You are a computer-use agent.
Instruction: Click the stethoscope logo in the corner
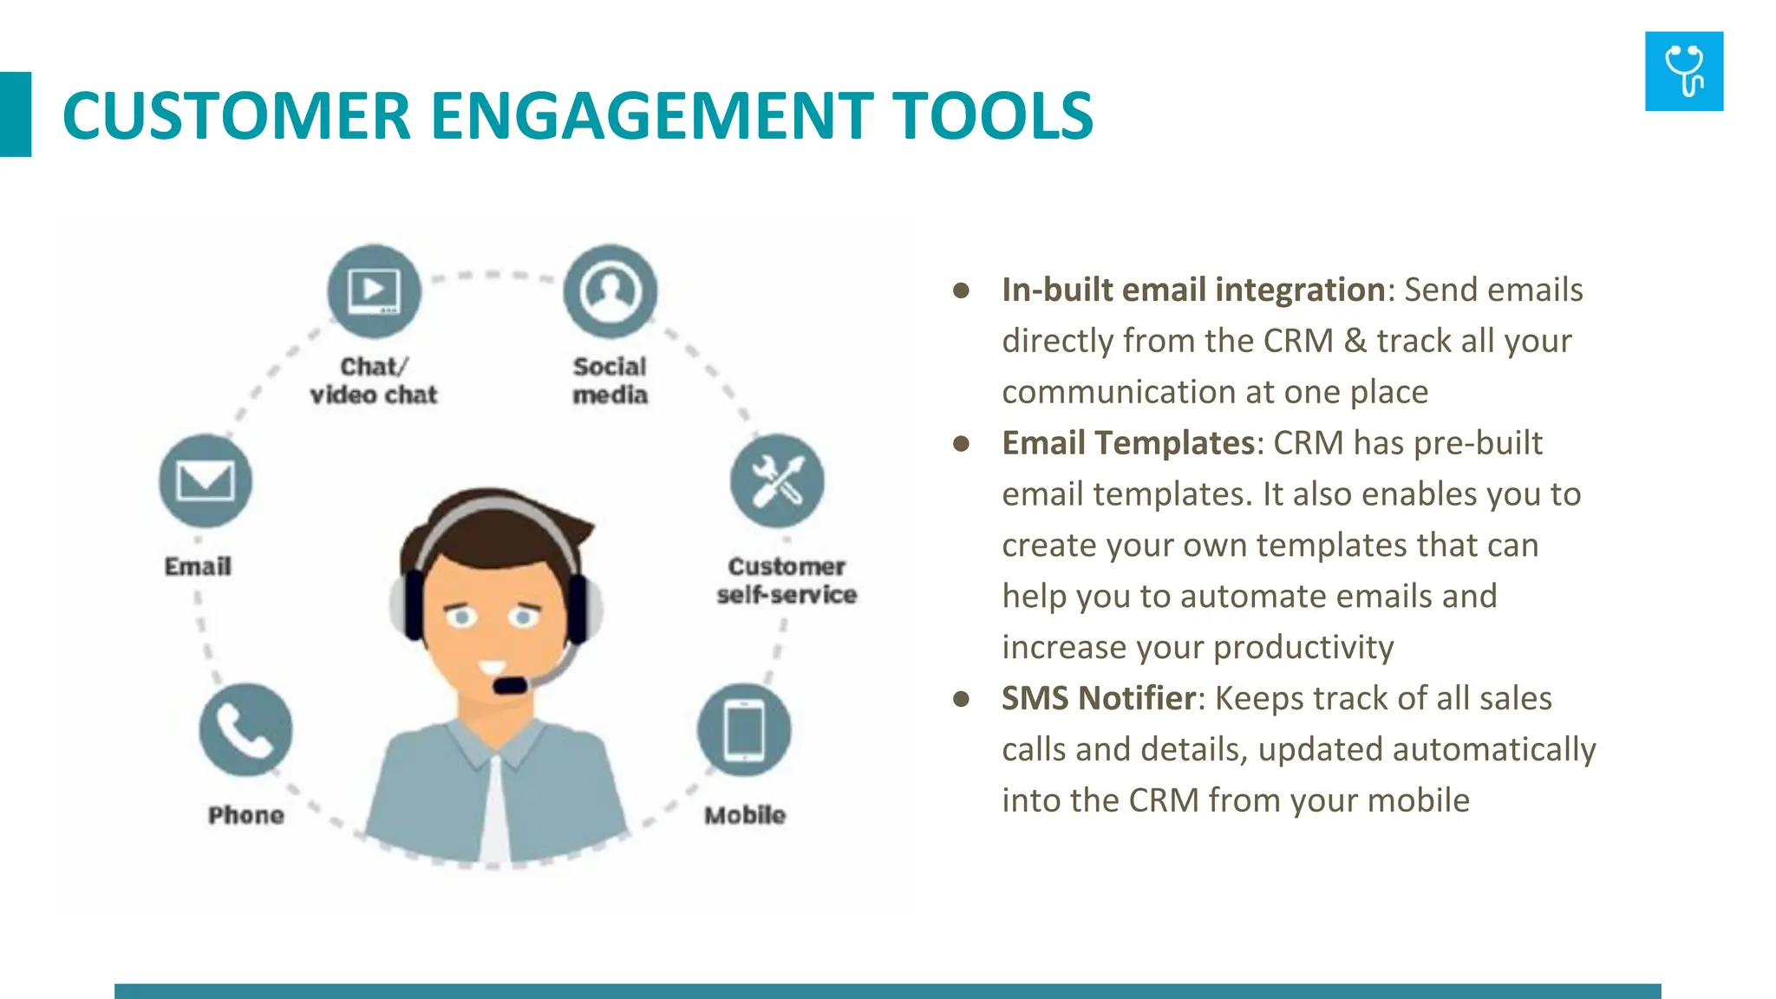tap(1683, 71)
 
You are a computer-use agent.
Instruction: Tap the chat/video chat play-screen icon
tap(374, 291)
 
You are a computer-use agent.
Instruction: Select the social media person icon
tap(610, 291)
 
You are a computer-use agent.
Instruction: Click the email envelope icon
tap(206, 480)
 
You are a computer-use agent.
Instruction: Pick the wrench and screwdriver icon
tap(777, 480)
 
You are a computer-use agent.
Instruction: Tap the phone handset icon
tap(245, 729)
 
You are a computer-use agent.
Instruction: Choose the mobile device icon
tap(744, 729)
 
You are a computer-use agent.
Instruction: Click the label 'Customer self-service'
tap(786, 580)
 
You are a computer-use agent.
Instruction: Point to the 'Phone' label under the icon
tap(245, 815)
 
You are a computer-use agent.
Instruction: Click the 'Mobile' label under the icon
tap(744, 815)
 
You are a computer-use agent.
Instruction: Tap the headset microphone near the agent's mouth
tap(510, 685)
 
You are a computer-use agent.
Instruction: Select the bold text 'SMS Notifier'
tap(1098, 698)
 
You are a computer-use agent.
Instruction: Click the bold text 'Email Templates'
tap(1127, 443)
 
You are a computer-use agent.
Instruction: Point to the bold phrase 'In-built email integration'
tap(1192, 290)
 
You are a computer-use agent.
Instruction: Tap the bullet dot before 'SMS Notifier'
tap(961, 699)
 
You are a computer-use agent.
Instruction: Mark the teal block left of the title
tap(16, 114)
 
